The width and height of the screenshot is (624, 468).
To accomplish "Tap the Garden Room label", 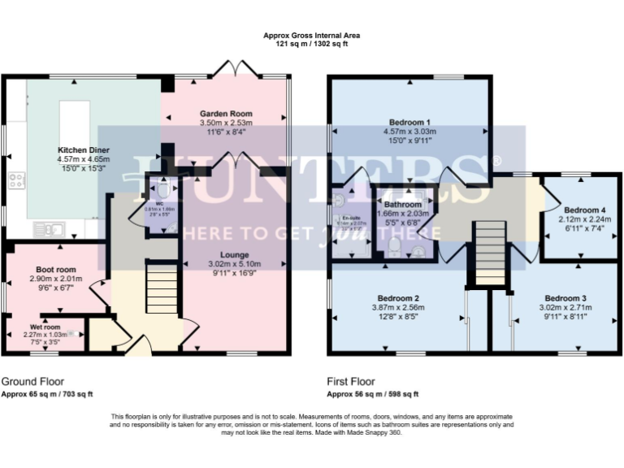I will pyautogui.click(x=226, y=114).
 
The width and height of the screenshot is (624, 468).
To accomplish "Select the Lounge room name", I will pyautogui.click(x=234, y=254).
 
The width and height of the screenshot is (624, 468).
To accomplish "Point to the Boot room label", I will pyautogui.click(x=55, y=268).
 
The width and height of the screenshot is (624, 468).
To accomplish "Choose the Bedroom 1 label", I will pyautogui.click(x=409, y=123).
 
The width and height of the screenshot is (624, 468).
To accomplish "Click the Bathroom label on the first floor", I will pyautogui.click(x=403, y=205).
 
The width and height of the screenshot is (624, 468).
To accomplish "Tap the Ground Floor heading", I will pyautogui.click(x=32, y=381).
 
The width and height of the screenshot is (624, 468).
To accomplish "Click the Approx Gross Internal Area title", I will pyautogui.click(x=311, y=36).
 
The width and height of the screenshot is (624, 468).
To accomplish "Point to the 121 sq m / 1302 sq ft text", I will pyautogui.click(x=311, y=45).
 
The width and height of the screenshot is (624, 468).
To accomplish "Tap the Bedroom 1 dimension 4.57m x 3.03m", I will pyautogui.click(x=409, y=132).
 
